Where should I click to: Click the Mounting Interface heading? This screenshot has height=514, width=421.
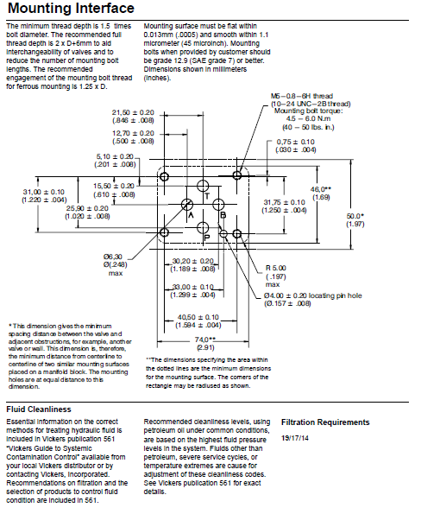[x=71, y=8]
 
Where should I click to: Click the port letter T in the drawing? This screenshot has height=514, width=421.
[x=207, y=196]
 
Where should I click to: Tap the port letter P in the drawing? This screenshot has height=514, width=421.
[x=207, y=238]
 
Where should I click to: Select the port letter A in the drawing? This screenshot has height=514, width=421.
[x=191, y=215]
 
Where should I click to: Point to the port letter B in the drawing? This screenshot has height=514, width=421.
[x=223, y=215]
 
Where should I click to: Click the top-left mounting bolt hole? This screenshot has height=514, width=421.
[x=164, y=176]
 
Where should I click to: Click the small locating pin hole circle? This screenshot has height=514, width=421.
[x=223, y=234]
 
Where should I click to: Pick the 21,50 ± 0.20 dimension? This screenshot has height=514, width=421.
[x=133, y=113]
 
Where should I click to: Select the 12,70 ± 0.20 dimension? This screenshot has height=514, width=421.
[x=133, y=133]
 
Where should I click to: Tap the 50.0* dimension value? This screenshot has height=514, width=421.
[x=355, y=216]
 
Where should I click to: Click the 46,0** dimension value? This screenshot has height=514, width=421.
[x=321, y=189]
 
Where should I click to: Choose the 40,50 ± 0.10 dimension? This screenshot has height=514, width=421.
[x=198, y=317]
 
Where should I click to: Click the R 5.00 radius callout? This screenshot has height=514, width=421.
[x=276, y=268]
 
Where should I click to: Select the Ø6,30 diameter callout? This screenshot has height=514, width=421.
[x=113, y=257]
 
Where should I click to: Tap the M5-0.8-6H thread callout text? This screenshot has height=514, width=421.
[x=301, y=96]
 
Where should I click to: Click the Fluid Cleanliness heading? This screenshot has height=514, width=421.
[x=39, y=409]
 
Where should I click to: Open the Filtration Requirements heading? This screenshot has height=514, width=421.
[x=325, y=422]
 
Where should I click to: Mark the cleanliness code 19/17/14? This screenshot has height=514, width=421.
[x=295, y=438]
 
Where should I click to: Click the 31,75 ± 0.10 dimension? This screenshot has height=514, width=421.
[x=284, y=203]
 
